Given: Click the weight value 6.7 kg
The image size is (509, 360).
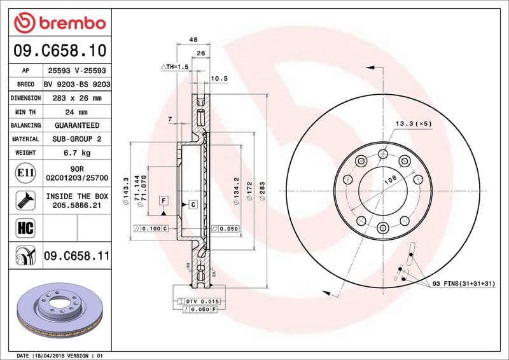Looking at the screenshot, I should [x=77, y=153].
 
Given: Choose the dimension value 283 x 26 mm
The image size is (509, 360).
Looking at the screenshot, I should [x=77, y=98].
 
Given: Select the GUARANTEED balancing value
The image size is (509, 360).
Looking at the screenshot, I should [x=77, y=125].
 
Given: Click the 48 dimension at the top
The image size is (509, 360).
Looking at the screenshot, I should [x=193, y=39].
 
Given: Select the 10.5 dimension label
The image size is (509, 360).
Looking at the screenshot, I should [x=219, y=78].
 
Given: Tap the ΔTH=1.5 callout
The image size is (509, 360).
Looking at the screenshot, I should [x=175, y=66].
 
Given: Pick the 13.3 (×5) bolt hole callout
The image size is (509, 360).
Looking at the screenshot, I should [x=413, y=123].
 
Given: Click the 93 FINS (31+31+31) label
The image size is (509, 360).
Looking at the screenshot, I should [x=463, y=282].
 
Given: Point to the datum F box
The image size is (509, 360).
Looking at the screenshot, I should [x=164, y=200].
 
